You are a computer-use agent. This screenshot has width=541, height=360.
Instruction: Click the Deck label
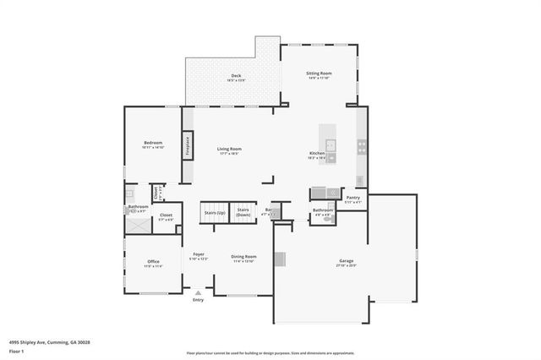[237, 76]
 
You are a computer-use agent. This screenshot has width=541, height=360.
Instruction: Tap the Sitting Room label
[319, 74]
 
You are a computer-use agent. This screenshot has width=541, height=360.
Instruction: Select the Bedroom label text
[152, 143]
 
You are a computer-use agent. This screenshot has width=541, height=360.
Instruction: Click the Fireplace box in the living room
[188, 146]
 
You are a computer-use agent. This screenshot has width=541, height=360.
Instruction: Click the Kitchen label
[317, 153]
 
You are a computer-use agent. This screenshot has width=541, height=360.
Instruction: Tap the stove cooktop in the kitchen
[361, 145]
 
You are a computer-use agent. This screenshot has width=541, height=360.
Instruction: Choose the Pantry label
[352, 198]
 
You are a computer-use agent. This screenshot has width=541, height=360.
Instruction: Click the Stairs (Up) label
[215, 214]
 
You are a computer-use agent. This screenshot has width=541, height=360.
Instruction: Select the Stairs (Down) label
[243, 211]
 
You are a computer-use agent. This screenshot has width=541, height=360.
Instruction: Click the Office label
[153, 261]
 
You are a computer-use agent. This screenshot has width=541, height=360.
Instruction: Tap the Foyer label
[199, 254]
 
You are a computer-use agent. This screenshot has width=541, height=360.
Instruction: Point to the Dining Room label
[244, 256]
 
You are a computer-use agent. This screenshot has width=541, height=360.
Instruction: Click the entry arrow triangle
[198, 293]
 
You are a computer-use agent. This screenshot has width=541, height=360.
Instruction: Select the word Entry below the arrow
[198, 300]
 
